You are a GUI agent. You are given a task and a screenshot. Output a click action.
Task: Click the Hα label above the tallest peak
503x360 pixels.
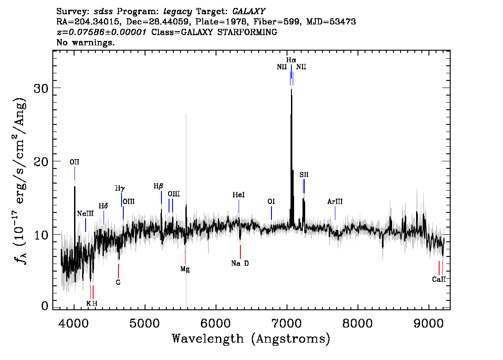coord(291,60)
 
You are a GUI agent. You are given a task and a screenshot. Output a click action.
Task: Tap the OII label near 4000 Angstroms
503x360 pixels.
coord(75,162)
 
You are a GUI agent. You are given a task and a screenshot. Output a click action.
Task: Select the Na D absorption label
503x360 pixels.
coord(240,263)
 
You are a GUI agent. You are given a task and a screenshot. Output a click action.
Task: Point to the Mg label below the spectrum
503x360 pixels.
coord(185,269)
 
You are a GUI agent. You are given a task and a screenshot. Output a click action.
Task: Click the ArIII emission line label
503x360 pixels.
coord(335,201)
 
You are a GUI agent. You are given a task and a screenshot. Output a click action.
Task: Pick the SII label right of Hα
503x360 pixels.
coord(304,175)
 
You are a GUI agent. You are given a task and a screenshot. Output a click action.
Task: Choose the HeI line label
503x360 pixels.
coord(239,195)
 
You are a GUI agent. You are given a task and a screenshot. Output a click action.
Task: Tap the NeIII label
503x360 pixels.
coord(85,214)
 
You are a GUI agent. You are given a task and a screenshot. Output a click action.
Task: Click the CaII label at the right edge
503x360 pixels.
coord(439,279)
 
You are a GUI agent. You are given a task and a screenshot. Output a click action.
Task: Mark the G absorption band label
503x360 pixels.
coord(118,282)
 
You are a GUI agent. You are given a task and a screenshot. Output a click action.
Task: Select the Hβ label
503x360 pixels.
coord(158,186)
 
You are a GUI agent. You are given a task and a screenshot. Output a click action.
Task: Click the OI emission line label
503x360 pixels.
coord(271,201)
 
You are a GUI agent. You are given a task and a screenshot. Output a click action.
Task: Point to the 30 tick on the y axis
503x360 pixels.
coord(41,88)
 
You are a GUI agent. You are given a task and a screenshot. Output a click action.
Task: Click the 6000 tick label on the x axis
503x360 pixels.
coord(216,323)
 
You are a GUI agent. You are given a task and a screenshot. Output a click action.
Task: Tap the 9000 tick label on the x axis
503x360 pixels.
coord(428,323)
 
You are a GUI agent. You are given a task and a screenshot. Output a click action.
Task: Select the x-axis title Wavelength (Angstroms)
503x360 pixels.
coord(251,339)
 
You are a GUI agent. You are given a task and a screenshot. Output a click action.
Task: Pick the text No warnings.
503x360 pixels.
coord(85,42)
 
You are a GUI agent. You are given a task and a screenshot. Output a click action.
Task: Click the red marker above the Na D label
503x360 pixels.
coord(240,252)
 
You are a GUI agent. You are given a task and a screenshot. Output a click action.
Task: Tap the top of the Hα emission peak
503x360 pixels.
coord(291,89)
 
